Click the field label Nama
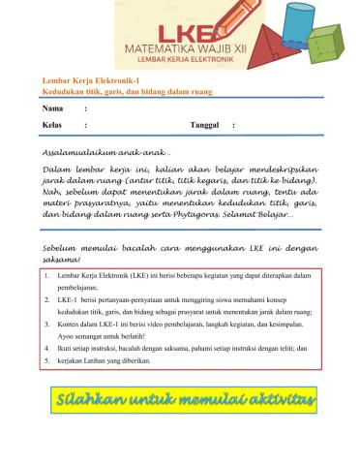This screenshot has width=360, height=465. tap(52, 108)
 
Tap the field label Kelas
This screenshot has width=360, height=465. tap(53, 126)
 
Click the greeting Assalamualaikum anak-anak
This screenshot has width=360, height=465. tap(106, 153)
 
